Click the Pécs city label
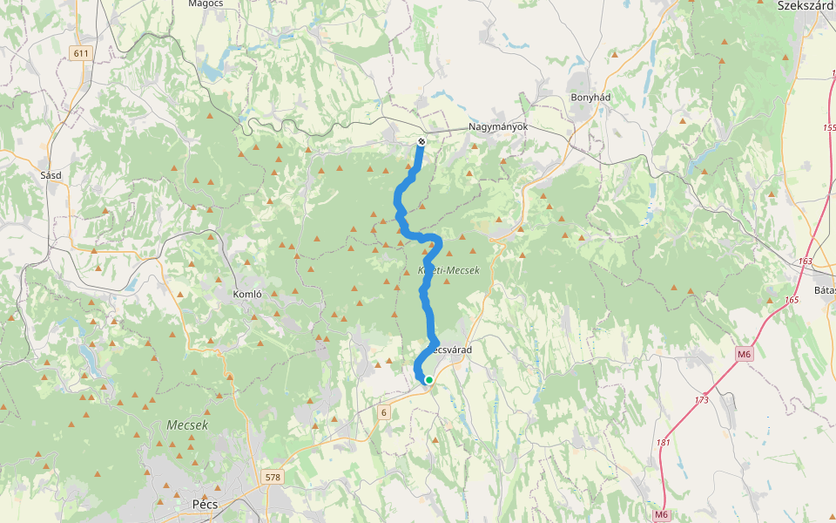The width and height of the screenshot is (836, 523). pos(205,504)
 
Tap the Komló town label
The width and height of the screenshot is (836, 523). pos(247,294)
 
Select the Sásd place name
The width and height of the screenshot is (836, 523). pos(51,174)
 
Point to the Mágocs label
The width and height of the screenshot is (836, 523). pos(206,4)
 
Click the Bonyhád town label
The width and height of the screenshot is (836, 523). pos(590,98)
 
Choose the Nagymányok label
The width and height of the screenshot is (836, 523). pos(499,126)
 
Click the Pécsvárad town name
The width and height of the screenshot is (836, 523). pos(451,350)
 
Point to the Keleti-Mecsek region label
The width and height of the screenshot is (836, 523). pos(450,271)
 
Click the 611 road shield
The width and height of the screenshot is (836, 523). pos(81,53)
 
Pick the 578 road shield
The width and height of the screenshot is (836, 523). pos(273,477)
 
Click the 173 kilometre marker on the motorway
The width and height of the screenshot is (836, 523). pos(702,400)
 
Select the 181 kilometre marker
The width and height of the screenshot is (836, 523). pos(664,442)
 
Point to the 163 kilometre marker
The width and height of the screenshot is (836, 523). pos(805,261)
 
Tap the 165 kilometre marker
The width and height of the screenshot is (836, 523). pos(791,300)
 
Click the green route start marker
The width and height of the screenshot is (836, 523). pos(428,379)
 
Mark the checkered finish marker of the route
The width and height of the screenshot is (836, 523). pos(421,141)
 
